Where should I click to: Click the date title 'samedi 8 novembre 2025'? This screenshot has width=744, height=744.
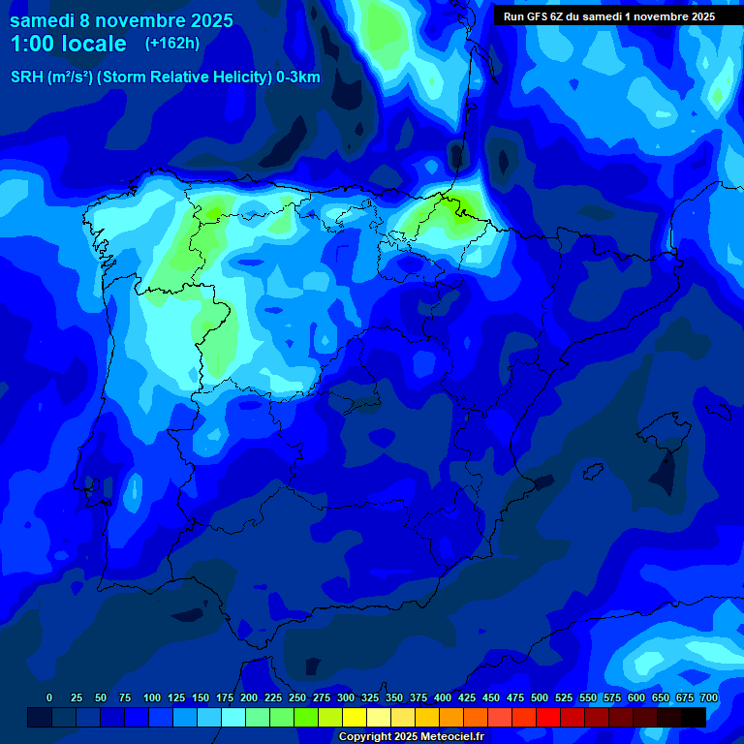coord(121,20)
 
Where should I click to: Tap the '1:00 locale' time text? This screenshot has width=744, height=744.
coord(68,44)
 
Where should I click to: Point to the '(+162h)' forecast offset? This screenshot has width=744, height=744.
coord(171,44)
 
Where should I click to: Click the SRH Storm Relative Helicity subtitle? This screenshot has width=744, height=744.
coord(165,77)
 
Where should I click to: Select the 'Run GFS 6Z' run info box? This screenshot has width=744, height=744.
coord(609,15)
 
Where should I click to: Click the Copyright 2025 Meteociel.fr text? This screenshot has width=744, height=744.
coord(410,737)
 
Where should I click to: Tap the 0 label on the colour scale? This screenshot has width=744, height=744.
coord(49,697)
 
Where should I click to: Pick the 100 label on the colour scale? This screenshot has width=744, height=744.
coord(151,697)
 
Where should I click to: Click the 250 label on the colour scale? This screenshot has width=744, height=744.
coord(296,697)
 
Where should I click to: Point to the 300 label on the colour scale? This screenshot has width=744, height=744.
coord(345,697)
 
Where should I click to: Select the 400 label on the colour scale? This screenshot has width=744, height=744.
coord(442,697)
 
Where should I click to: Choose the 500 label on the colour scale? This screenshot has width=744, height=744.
coord(539,697)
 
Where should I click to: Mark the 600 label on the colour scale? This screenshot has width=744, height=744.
coord(635,697)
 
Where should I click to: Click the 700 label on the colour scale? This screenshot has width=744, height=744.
coord(708,697)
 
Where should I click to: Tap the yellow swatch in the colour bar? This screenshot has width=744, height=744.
coord(355,717)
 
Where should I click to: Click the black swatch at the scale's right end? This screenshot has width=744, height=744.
coord(694,717)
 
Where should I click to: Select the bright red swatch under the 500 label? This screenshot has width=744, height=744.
coord(548,717)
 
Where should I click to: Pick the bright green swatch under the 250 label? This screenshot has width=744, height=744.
coord(306,717)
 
